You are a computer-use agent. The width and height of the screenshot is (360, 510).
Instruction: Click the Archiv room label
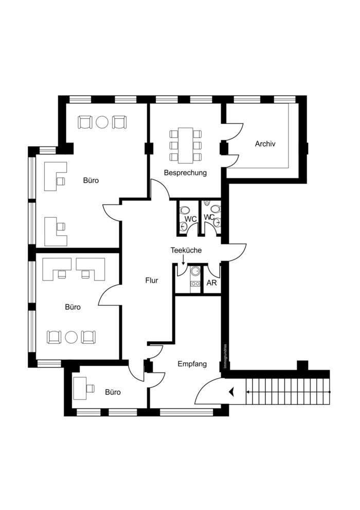(265, 144)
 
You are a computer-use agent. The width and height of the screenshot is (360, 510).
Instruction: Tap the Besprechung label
(185, 173)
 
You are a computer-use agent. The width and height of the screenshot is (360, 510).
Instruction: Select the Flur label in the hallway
(152, 280)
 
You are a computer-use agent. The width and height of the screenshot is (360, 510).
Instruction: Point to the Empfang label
(192, 364)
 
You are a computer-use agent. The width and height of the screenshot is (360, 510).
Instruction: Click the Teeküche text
(186, 250)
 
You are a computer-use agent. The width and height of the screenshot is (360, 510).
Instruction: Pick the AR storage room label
(211, 283)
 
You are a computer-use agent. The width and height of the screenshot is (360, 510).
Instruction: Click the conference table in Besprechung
(186, 146)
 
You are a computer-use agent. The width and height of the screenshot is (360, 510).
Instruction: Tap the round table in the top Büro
(102, 122)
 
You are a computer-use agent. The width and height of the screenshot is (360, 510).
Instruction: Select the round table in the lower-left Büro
(71, 337)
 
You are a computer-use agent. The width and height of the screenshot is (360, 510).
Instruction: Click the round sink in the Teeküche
(195, 271)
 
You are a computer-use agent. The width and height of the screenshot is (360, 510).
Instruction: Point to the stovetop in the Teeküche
(195, 284)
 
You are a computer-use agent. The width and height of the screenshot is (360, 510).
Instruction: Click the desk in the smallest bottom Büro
(80, 388)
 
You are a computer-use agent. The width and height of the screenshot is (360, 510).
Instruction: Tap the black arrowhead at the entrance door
(232, 392)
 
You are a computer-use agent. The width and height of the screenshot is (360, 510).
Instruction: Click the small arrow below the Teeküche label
(183, 259)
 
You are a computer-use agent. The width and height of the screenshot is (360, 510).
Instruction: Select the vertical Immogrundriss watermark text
(225, 357)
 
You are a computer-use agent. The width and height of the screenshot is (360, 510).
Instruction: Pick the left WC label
(191, 219)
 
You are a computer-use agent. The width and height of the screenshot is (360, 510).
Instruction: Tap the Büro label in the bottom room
(113, 392)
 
